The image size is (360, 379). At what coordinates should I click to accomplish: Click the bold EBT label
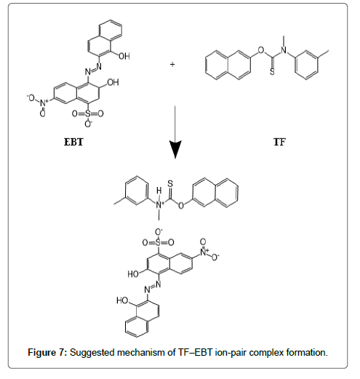(x=73, y=142)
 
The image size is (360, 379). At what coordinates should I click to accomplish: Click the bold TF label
(x=279, y=142)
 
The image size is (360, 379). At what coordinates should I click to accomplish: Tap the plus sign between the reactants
(x=172, y=64)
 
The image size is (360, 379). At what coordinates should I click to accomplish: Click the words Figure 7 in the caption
(x=47, y=352)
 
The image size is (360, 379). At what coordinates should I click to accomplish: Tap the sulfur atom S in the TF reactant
(x=272, y=72)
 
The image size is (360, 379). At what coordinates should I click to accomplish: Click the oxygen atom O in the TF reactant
(x=261, y=50)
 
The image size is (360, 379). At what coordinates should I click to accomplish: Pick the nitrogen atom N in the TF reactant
(x=284, y=50)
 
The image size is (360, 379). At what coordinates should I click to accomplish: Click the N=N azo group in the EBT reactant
(x=93, y=69)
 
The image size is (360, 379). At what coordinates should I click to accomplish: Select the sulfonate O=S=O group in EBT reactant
(x=88, y=113)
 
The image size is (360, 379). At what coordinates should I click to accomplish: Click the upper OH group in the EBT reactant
(x=124, y=56)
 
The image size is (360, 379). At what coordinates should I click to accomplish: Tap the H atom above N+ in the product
(x=159, y=191)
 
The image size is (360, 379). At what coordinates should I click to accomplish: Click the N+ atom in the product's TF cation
(x=159, y=205)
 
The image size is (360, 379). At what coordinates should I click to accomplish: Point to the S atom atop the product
(x=170, y=183)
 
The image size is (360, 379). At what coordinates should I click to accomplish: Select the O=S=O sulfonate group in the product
(x=158, y=242)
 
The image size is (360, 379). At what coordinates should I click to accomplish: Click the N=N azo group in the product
(x=153, y=287)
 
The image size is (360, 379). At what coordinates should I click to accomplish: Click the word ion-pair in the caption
(x=231, y=352)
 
